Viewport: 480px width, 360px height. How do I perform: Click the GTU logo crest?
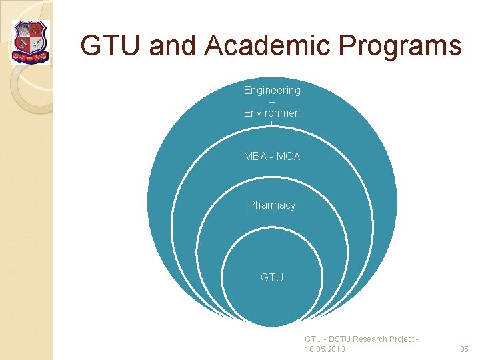(31, 41)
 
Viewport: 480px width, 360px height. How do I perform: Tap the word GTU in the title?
(110, 46)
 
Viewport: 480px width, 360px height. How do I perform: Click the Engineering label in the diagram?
(272, 90)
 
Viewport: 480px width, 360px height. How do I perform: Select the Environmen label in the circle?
(272, 113)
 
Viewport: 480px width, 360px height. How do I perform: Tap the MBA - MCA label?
(272, 157)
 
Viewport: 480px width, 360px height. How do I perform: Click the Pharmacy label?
(272, 205)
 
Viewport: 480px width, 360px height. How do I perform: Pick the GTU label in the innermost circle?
(272, 277)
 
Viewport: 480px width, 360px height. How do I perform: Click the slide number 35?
(465, 349)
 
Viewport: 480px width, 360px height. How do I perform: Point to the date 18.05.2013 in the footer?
(325, 349)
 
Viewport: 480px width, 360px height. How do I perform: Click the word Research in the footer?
(369, 339)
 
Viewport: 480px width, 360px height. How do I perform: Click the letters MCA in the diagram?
(288, 157)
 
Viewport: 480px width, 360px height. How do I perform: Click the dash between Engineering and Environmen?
(272, 101)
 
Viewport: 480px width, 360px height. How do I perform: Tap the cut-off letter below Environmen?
(272, 124)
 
